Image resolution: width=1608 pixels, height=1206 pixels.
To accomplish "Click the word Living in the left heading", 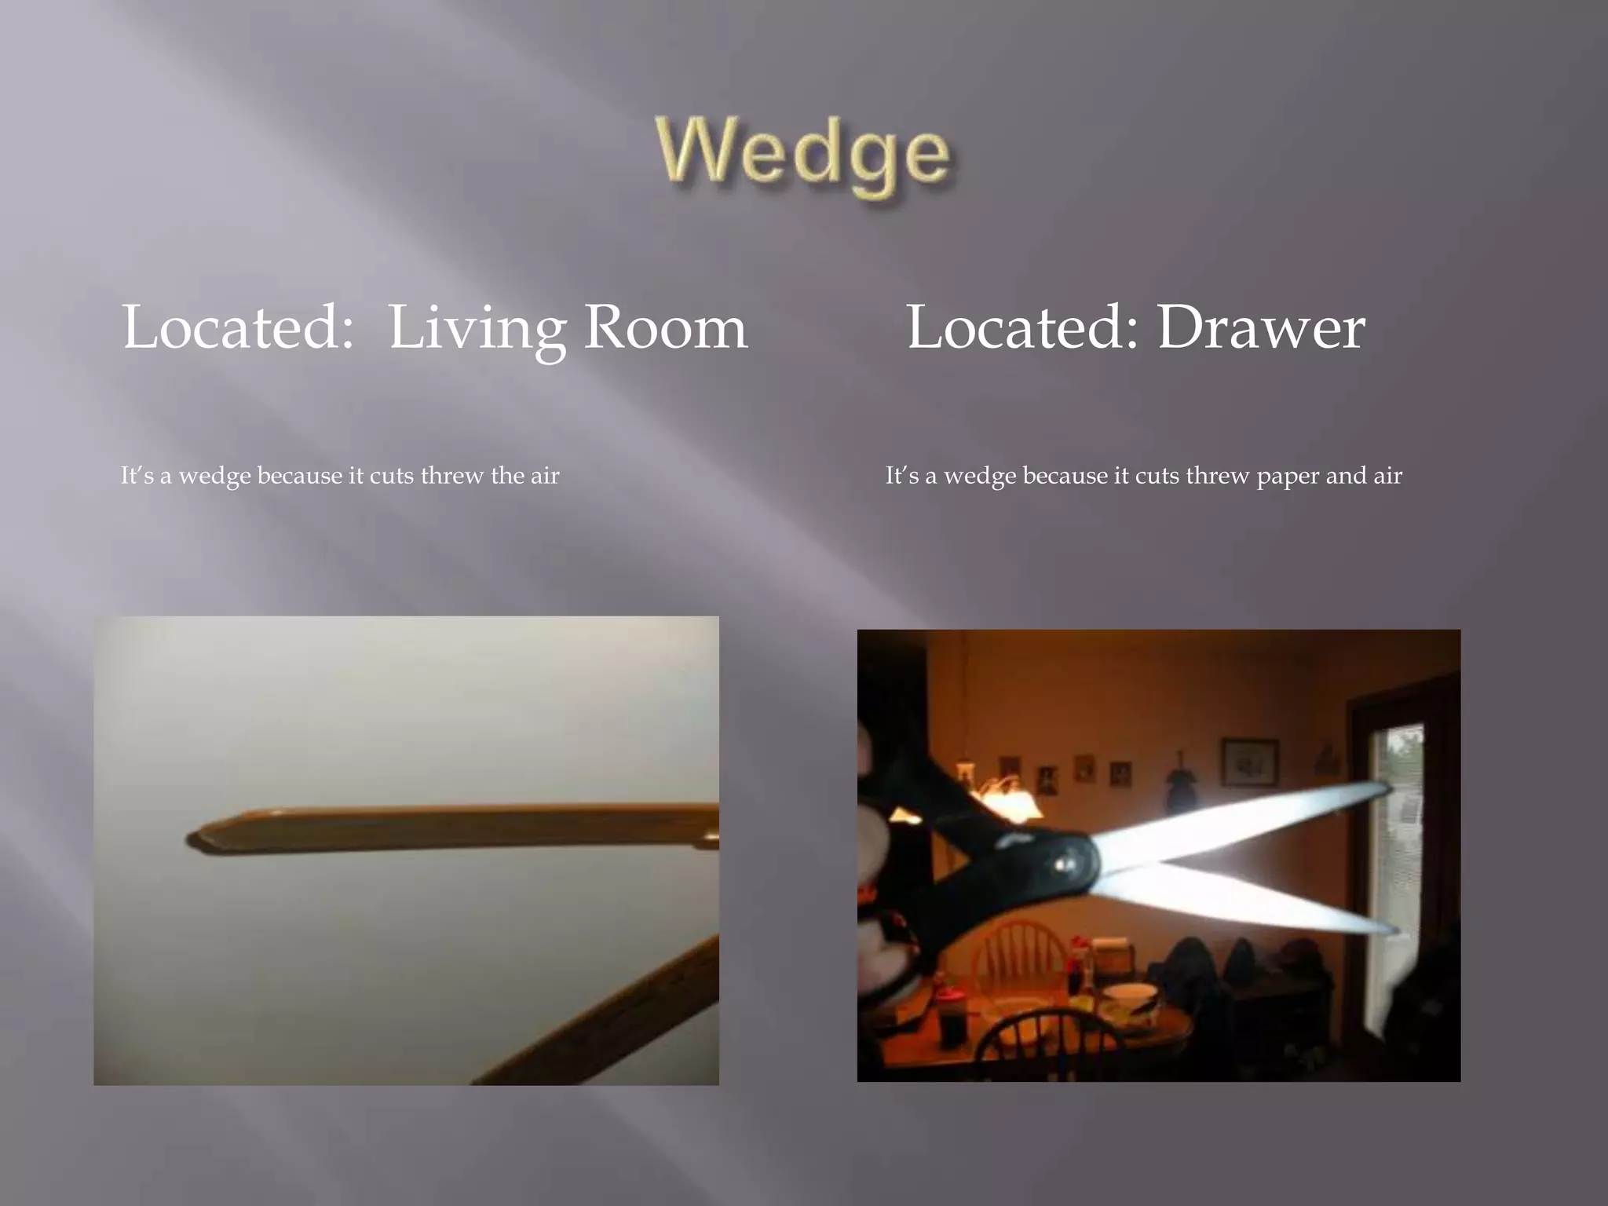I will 477,328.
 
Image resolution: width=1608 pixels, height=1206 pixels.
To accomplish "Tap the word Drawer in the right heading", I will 1261,328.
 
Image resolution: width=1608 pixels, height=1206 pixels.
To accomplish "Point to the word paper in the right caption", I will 1288,477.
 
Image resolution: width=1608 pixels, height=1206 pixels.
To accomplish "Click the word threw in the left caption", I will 452,476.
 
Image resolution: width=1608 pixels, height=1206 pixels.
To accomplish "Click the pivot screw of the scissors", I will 1063,864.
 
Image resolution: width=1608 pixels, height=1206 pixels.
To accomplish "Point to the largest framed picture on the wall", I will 1249,762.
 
